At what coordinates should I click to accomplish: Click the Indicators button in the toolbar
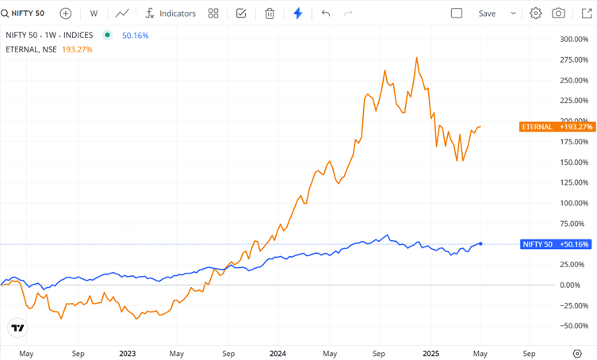[170, 13]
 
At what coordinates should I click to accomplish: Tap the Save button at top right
[487, 13]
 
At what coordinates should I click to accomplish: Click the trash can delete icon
[270, 13]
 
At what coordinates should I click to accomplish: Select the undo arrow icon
[325, 13]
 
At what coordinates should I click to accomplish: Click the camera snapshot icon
[559, 13]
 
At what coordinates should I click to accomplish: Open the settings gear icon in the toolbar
[536, 13]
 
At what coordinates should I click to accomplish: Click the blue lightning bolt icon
[298, 13]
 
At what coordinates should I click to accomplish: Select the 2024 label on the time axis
[277, 354]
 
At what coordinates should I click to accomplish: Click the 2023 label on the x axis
[128, 354]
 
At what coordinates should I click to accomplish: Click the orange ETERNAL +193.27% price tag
[557, 127]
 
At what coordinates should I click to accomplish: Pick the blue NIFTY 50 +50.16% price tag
[556, 244]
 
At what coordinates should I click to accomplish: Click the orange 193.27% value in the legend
[77, 49]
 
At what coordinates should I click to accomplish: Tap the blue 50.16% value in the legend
[135, 36]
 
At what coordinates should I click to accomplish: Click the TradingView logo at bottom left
[17, 327]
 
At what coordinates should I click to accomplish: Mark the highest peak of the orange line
[417, 58]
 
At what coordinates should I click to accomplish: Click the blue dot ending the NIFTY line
[481, 243]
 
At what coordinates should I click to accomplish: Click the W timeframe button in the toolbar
[94, 13]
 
